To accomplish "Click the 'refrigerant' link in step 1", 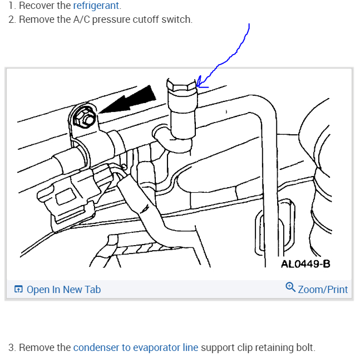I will tap(96, 6).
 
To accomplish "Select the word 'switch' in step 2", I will tap(177, 19).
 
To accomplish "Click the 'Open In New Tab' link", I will tap(63, 289).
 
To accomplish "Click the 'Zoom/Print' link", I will tap(323, 289).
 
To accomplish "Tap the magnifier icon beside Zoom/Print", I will tap(290, 287).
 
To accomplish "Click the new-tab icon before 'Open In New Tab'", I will tap(18, 289).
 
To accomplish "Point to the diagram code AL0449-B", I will tap(305, 264).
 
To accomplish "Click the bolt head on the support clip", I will tap(84, 117).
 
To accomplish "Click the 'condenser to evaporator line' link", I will tap(135, 348).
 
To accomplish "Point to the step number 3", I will tap(11, 348).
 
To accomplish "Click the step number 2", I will tap(11, 19).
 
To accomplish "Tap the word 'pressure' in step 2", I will tap(105, 19).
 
